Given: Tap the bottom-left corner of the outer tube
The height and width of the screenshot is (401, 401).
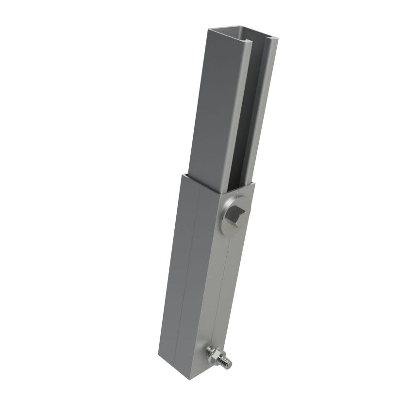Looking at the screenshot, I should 158,356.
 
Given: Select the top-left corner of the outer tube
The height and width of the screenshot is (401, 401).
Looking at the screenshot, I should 184,173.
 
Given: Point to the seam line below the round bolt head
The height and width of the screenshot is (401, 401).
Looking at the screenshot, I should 222,291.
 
